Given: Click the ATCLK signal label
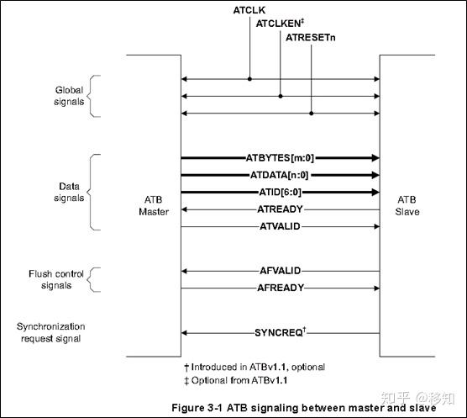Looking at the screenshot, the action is pos(249,10).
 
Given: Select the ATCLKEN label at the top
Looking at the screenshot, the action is pos(280,24).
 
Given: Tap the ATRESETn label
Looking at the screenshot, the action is pos(310,38).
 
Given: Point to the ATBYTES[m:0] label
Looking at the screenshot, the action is pos(280,158).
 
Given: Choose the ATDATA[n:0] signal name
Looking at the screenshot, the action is pos(280,175).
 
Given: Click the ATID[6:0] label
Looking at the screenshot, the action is pos(281,192).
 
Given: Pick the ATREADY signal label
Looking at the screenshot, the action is pos(280,209).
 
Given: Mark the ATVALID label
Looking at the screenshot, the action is pos(280,226).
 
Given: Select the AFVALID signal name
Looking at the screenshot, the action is pos(281,271).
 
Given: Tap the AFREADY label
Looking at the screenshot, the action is pos(281,288).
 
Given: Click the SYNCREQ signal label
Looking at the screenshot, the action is pos(281,332).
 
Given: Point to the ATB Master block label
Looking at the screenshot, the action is pos(154,205).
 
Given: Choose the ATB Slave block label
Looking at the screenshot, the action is pos(407,205).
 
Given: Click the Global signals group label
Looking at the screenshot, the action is pos(69,96).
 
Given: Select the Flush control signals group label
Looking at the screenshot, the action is pos(56,279).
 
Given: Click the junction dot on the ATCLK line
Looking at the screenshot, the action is pos(249,79).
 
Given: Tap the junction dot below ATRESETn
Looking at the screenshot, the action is pos(312,114).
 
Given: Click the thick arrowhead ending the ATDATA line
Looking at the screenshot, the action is pos(375,175).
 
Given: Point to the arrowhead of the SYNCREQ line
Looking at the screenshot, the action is pos(184,333).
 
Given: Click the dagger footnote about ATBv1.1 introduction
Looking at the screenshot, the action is pos(254,367).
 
